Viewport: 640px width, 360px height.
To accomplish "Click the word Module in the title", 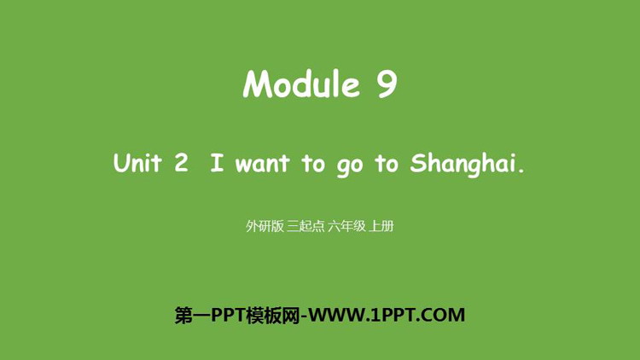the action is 301,84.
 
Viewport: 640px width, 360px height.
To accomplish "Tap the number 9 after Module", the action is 387,84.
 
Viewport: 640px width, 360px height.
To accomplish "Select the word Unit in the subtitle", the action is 137,162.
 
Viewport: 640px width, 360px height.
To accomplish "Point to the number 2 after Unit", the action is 181,162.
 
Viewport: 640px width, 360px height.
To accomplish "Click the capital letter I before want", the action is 217,162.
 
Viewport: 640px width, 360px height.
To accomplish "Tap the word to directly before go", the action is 313,163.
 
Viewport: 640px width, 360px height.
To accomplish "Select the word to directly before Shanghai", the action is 386,163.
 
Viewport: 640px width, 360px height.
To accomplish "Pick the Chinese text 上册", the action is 381,226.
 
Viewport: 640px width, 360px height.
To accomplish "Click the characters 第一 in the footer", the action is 193,315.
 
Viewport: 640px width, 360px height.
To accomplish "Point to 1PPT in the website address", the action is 393,315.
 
